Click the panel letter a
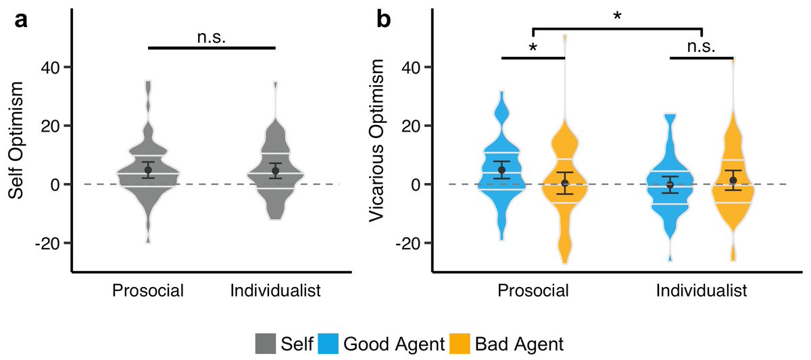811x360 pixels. (x=22, y=21)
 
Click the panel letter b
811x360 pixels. (x=383, y=21)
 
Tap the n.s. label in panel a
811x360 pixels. (x=211, y=37)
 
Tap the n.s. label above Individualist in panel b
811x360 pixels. (x=701, y=46)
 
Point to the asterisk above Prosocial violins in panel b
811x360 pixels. (x=533, y=48)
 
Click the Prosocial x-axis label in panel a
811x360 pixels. (x=148, y=291)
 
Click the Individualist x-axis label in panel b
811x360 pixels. (x=701, y=291)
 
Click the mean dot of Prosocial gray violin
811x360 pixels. (x=148, y=170)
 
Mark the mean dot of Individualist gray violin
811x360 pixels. (x=275, y=171)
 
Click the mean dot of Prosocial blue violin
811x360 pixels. (x=501, y=170)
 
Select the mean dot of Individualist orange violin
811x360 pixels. (x=733, y=180)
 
